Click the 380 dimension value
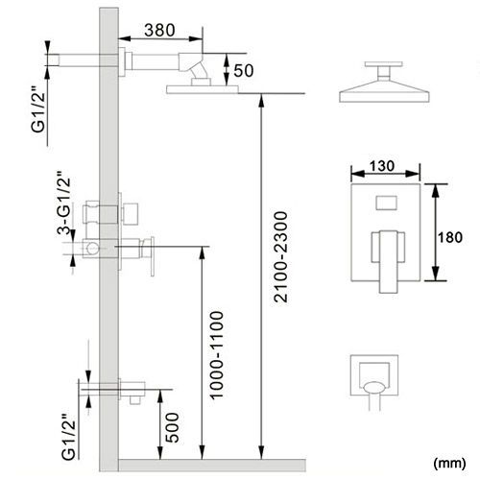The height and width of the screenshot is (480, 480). point(159,31)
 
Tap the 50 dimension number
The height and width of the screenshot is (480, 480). point(244,71)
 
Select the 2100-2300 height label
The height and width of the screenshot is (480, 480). point(281,257)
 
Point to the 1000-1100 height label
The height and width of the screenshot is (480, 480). point(217,354)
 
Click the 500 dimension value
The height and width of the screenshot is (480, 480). point(173,427)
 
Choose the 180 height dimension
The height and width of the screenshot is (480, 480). point(450,237)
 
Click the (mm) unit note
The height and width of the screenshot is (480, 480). point(449,463)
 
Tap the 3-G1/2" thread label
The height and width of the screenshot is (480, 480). point(64,203)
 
